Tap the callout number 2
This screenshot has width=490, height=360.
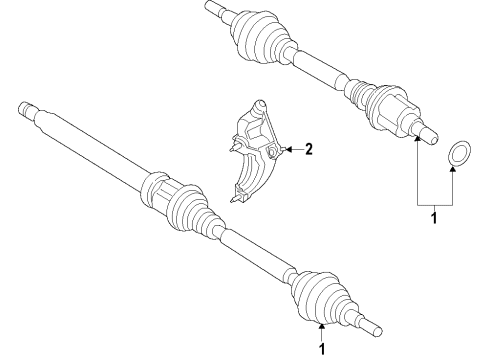(x=309, y=150)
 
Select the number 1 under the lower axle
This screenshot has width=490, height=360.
(x=322, y=349)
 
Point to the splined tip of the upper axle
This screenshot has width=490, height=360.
(x=211, y=7)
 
